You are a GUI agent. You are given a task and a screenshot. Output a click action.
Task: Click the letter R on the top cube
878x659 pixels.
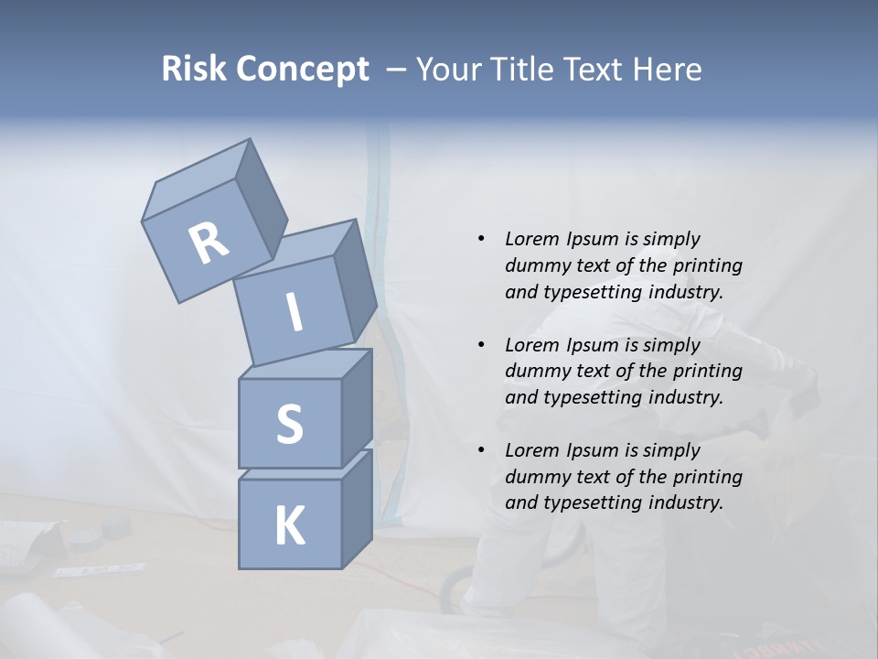(x=209, y=243)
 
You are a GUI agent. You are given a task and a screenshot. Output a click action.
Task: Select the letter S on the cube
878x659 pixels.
(x=289, y=424)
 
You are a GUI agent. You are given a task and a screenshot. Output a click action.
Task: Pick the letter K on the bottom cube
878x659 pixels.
(x=289, y=526)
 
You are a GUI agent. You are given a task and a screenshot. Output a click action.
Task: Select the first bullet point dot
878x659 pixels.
(x=481, y=239)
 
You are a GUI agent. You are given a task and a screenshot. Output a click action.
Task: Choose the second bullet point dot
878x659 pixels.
(x=481, y=345)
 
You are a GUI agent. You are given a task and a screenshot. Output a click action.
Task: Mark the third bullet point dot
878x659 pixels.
(x=481, y=450)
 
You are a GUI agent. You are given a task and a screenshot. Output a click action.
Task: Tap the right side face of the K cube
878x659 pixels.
(x=357, y=508)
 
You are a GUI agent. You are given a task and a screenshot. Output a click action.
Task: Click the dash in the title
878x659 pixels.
(x=397, y=70)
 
